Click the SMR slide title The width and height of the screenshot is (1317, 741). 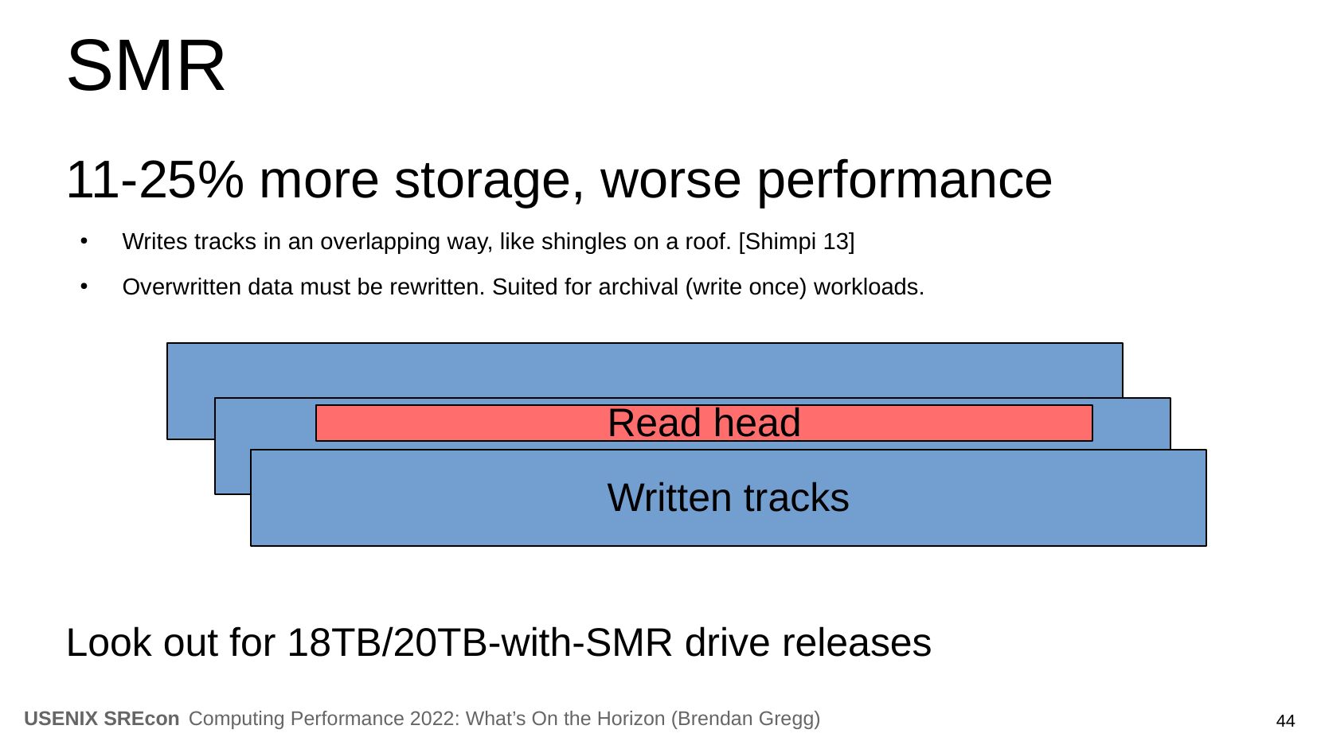coord(146,65)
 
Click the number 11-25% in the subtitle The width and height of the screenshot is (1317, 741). coord(154,180)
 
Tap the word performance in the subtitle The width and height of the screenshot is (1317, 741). coord(905,182)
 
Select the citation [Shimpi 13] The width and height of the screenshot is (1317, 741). coord(797,241)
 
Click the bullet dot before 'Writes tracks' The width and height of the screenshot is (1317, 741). coord(84,241)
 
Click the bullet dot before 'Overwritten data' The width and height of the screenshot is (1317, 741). coord(84,287)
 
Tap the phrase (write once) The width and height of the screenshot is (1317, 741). coord(745,287)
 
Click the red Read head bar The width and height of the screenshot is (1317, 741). coord(704,423)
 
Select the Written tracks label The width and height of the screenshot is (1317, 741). coord(728,497)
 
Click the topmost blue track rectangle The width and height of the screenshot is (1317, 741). coord(644,370)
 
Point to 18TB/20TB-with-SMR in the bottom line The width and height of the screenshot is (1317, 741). coord(479,642)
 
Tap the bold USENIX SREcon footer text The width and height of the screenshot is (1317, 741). coord(102,719)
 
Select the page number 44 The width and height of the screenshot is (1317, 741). coord(1285,721)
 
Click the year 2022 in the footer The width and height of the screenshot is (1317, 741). coord(434,719)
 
